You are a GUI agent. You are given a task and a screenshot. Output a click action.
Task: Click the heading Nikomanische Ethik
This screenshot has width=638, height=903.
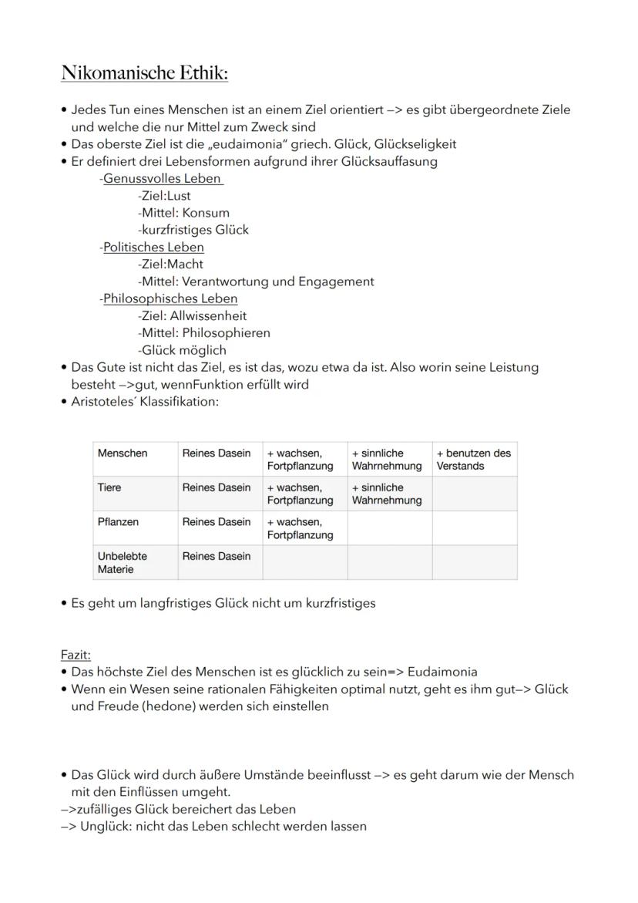tap(145, 73)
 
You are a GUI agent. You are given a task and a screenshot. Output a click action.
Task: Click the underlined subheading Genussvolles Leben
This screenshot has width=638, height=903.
tap(163, 179)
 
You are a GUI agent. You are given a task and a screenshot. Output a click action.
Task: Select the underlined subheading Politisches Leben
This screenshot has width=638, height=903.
tap(153, 248)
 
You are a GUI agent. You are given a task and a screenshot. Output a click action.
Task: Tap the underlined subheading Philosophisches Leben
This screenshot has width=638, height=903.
tap(170, 298)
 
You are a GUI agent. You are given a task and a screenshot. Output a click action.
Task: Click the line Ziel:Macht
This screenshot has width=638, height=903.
tap(171, 264)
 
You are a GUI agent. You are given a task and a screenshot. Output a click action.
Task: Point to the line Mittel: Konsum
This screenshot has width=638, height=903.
tap(184, 213)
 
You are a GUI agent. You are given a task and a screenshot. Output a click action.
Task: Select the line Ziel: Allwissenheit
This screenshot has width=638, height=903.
tap(193, 315)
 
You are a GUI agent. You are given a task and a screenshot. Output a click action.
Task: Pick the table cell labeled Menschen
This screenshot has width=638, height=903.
tap(123, 453)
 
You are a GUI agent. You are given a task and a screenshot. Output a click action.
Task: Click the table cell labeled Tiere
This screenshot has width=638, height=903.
tap(109, 488)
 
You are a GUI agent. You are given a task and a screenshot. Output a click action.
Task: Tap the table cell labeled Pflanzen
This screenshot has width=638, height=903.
tap(118, 522)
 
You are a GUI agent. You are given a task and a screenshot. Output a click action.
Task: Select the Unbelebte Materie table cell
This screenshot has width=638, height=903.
tap(122, 562)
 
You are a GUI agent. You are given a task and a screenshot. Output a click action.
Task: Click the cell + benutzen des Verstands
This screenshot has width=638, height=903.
tap(473, 460)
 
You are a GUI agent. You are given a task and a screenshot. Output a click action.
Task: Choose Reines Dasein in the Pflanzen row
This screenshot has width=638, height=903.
tap(217, 522)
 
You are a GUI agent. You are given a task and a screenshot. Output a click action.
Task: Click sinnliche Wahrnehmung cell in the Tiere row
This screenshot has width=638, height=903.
tap(387, 494)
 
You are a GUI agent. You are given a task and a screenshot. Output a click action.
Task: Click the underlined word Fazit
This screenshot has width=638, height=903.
tap(76, 655)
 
